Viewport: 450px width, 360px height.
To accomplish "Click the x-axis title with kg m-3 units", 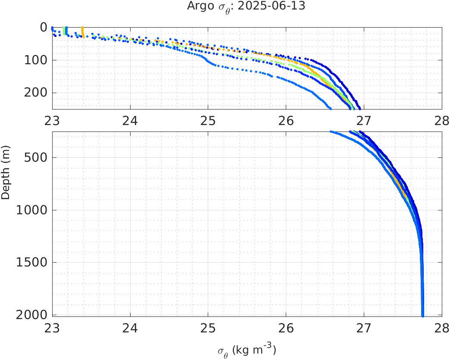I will (x=247, y=350).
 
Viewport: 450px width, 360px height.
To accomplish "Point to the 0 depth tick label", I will (x=44, y=28).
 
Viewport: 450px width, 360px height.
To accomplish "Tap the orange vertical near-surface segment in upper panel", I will (x=82, y=31).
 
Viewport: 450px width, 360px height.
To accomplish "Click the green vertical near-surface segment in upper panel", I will (x=64, y=31).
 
